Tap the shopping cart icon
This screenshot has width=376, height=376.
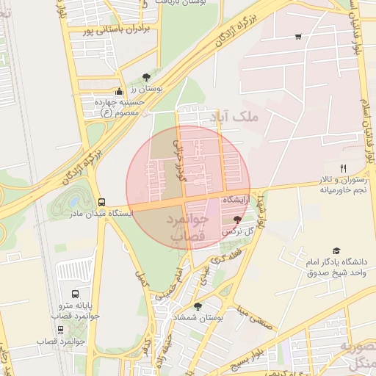pos(297,36)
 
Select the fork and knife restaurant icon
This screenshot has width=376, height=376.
pos(343,168)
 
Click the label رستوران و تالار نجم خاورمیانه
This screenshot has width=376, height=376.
pos(341,185)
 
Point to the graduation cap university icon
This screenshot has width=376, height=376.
pos(336,250)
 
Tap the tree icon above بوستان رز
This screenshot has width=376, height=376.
pos(146,77)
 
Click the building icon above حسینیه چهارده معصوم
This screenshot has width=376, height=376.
pos(120,91)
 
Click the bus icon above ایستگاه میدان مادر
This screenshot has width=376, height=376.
pos(101,202)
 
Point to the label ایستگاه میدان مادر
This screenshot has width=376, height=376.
pos(101,214)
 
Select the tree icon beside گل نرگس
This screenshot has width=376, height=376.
pos(236,220)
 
